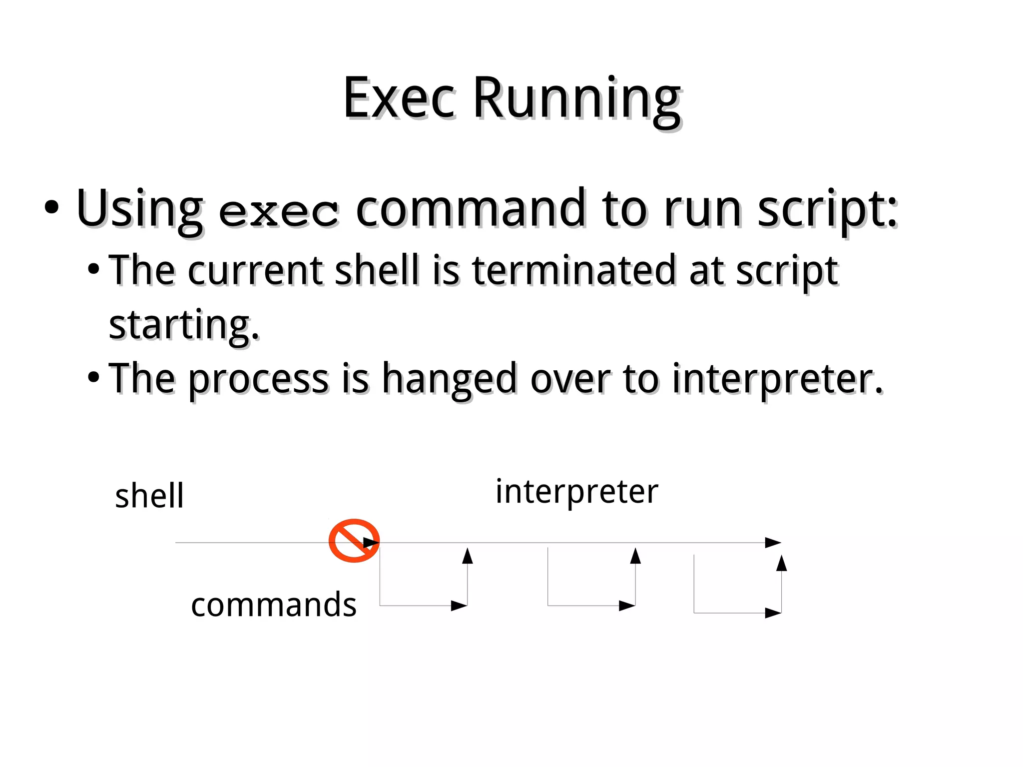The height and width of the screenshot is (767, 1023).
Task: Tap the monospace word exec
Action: tap(279, 212)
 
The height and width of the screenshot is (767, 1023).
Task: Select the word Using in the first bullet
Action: tap(139, 209)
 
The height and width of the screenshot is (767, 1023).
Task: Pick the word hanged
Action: tap(449, 379)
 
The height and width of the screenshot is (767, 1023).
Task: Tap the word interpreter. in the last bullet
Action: tap(777, 379)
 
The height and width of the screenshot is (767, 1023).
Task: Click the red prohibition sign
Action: tap(354, 541)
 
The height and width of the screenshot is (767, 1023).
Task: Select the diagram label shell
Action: tap(149, 496)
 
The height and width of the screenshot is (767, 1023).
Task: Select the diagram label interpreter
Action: tap(577, 492)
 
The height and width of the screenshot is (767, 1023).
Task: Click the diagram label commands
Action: tap(273, 605)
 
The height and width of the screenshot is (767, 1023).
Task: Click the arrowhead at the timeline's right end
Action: tap(773, 543)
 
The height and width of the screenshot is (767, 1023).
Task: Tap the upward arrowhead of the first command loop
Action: tap(468, 556)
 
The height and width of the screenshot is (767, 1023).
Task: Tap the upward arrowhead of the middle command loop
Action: tap(635, 556)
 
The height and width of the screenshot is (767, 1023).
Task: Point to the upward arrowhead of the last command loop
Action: tap(782, 563)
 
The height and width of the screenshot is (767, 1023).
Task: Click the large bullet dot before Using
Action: tap(51, 207)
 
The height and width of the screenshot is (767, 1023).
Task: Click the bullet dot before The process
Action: tap(93, 378)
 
